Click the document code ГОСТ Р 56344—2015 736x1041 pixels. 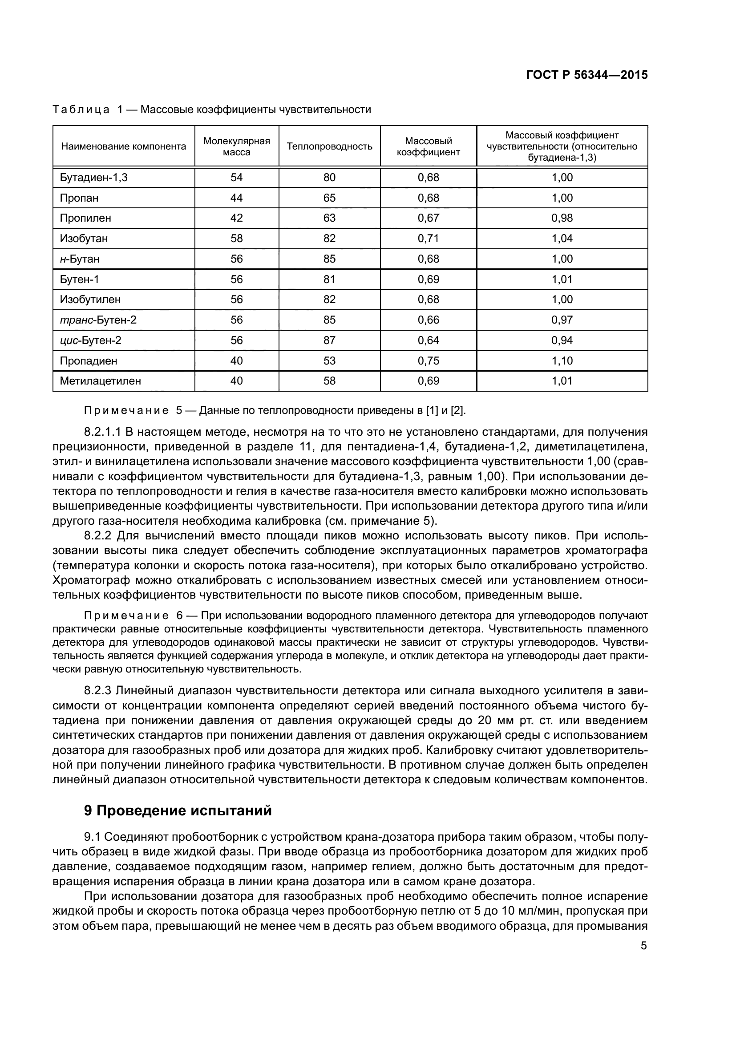pyautogui.click(x=586, y=75)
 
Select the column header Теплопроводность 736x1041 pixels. pyautogui.click(x=329, y=146)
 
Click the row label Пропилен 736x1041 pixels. pyautogui.click(x=85, y=218)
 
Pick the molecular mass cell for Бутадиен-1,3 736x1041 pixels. pyautogui.click(x=237, y=177)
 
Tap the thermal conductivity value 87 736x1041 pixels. pyautogui.click(x=329, y=340)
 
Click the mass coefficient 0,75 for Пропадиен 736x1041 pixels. pyautogui.click(x=428, y=361)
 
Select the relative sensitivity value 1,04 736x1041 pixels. pyautogui.click(x=562, y=239)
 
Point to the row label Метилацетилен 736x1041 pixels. pyautogui.click(x=100, y=381)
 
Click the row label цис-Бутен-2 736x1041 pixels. pyautogui.click(x=90, y=340)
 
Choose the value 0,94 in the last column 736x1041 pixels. pyautogui.click(x=562, y=340)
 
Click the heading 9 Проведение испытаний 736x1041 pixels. pyautogui.click(x=178, y=810)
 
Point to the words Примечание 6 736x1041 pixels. pyautogui.click(x=126, y=616)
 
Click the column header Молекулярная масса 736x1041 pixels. pyautogui.click(x=237, y=146)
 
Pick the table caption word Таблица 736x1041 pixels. pyautogui.click(x=81, y=110)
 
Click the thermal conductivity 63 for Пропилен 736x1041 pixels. pyautogui.click(x=329, y=218)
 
